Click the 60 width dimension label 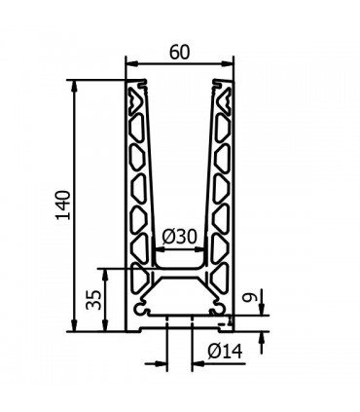point(179,53)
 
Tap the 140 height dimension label point(63,206)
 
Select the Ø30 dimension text point(179,237)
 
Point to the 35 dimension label point(93,299)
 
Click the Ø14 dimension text point(225,351)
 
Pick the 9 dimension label point(252,296)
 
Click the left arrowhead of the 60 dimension point(132,64)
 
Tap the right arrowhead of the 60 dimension point(227,64)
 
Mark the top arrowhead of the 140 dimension point(75,86)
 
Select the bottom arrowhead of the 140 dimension point(75,325)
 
